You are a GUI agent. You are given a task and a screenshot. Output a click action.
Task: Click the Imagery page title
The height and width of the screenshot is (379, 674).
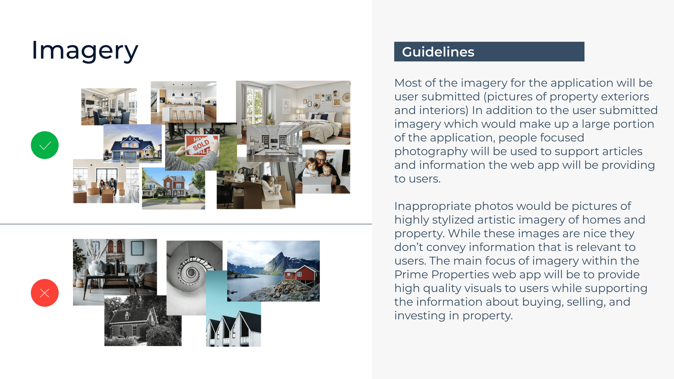tap(85, 51)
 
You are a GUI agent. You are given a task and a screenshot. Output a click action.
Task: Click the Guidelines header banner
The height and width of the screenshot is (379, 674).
tap(489, 52)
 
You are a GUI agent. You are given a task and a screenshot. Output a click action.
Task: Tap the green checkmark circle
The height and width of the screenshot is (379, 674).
tap(45, 145)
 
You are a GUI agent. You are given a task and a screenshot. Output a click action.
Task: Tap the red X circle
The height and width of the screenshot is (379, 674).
tap(45, 293)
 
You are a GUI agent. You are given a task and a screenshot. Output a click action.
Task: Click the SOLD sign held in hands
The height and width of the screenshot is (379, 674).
tap(202, 145)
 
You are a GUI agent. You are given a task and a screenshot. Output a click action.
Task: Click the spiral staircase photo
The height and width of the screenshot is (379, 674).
tap(190, 272)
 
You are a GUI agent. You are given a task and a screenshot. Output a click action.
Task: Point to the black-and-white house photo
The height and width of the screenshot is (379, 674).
tap(143, 321)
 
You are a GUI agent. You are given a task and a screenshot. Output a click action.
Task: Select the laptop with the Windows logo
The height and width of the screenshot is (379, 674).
tap(317, 185)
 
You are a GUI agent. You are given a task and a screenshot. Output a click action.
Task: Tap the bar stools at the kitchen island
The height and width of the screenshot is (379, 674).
tap(187, 115)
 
